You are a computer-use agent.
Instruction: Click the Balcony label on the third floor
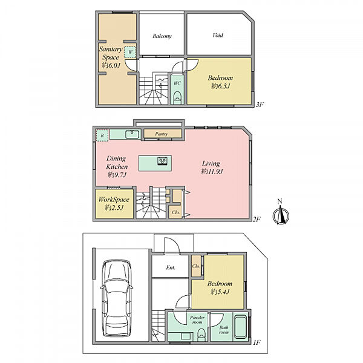coord(162,36)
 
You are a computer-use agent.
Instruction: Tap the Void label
coord(218,35)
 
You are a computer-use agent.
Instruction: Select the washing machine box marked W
coord(130,52)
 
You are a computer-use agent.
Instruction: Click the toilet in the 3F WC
coord(177,97)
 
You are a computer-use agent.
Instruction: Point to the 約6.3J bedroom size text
coord(221,86)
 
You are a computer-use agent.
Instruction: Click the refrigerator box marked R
coord(102,136)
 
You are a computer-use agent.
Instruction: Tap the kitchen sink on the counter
coord(132,134)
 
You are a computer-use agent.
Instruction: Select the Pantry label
coord(162,134)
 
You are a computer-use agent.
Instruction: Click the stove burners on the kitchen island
coord(163,160)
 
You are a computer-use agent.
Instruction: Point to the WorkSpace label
coord(114,200)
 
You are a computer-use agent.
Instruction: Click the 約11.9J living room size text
coord(212,172)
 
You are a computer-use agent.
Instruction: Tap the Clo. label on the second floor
coord(175,212)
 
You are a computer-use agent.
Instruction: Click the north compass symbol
coord(281,212)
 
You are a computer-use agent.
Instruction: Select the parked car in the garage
coord(117,298)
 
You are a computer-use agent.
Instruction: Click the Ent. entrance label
coord(171,267)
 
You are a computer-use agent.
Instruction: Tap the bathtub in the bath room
coord(241,326)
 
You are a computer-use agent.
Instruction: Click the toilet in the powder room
coord(201,335)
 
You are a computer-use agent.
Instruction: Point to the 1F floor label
coord(257,342)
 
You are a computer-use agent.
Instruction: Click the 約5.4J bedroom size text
coord(220,292)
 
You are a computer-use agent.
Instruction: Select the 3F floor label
coord(260,105)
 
